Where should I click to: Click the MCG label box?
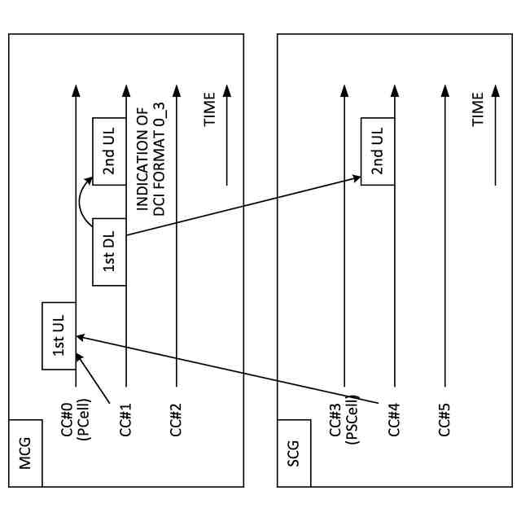tap(25, 453)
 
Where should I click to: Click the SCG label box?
tap(294, 453)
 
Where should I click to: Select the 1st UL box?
tap(59, 335)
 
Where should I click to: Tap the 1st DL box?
tap(109, 252)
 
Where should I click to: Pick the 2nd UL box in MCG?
tap(109, 151)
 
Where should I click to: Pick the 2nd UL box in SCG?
tap(378, 151)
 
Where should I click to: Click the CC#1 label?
tap(126, 420)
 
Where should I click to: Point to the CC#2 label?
tap(177, 420)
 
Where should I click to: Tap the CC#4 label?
tap(395, 420)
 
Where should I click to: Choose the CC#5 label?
tap(445, 420)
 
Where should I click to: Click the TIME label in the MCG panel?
tap(210, 109)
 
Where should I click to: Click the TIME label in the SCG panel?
tap(479, 109)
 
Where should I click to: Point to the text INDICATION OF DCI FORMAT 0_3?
tap(151, 160)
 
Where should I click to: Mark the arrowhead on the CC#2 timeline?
tap(177, 91)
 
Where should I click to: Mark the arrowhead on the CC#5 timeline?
tap(445, 91)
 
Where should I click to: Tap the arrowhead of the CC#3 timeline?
tap(344, 91)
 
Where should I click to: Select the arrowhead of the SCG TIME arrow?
tap(496, 91)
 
